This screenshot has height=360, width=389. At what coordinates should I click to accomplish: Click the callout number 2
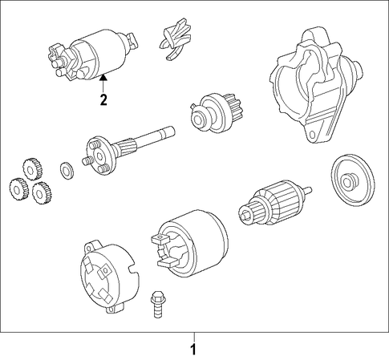[103, 99]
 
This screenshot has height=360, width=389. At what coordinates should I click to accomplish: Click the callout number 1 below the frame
[193, 350]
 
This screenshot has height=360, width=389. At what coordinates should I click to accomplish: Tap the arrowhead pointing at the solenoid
[103, 78]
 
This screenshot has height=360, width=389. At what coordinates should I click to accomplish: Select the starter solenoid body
[92, 55]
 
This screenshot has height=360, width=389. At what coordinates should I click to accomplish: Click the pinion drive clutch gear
[216, 113]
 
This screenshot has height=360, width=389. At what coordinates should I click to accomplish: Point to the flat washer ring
[67, 170]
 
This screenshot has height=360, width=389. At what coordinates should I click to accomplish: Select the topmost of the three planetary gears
[33, 169]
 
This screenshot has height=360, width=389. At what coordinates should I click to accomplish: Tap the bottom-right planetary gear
[42, 193]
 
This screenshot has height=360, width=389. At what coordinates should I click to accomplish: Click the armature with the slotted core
[274, 203]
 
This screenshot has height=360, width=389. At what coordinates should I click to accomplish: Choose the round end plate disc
[352, 180]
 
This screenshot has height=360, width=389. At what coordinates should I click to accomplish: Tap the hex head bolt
[158, 304]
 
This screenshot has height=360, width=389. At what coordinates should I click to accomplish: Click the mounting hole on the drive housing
[312, 135]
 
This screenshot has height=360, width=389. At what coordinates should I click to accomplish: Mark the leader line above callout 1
[194, 338]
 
